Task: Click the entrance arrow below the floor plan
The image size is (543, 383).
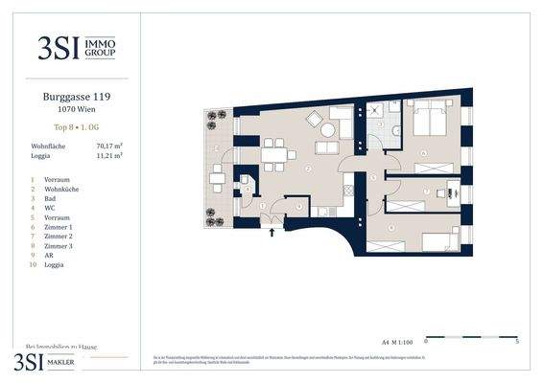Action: [275, 229]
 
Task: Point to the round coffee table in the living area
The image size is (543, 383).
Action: [316, 120]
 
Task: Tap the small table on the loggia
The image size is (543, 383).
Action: [219, 175]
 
